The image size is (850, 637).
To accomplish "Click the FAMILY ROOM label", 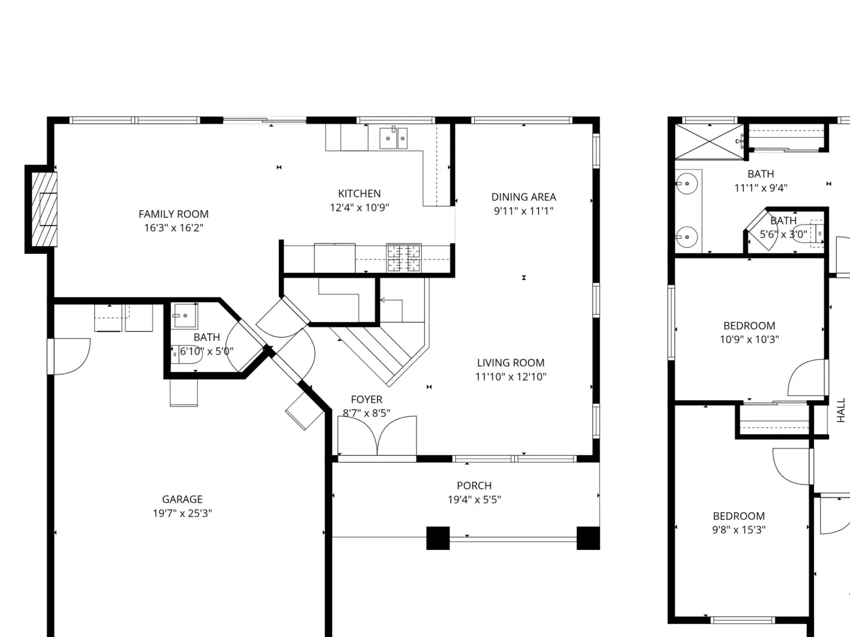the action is pyautogui.click(x=174, y=214).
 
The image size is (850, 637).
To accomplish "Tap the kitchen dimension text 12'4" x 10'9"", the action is pyautogui.click(x=359, y=208).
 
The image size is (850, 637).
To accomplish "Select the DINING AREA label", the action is pyautogui.click(x=524, y=197).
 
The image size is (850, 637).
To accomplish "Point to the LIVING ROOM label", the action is pyautogui.click(x=511, y=363).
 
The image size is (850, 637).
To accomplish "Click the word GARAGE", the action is pyautogui.click(x=182, y=500).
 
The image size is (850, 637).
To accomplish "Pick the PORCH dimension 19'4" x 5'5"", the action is pyautogui.click(x=474, y=500).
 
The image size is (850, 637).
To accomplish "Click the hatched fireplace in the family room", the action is pyautogui.click(x=44, y=209).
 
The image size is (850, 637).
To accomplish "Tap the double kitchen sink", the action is pyautogui.click(x=393, y=137).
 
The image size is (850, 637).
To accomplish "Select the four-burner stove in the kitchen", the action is pyautogui.click(x=404, y=258).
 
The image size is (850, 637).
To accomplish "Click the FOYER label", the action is pyautogui.click(x=367, y=400).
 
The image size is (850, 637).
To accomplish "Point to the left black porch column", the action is pyautogui.click(x=438, y=538).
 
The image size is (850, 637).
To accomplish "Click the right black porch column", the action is pyautogui.click(x=588, y=538).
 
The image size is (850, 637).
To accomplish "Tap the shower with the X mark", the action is pyautogui.click(x=709, y=142).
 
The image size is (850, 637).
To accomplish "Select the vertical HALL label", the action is pyautogui.click(x=840, y=410).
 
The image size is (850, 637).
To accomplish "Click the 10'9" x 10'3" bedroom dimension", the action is pyautogui.click(x=749, y=340).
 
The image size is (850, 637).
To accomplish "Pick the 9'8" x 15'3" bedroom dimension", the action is pyautogui.click(x=739, y=530).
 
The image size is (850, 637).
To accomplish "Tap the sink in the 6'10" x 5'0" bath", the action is pyautogui.click(x=185, y=315).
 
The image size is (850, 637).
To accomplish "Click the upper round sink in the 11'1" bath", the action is pyautogui.click(x=687, y=183).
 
